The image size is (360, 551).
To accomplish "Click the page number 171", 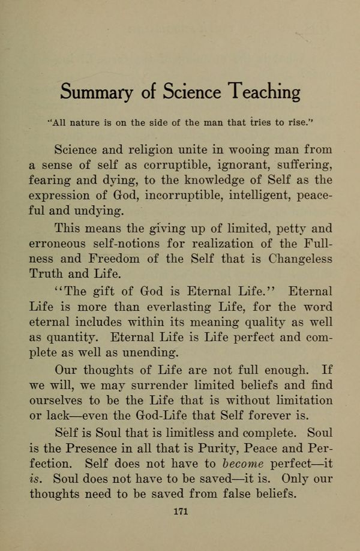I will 181,511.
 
